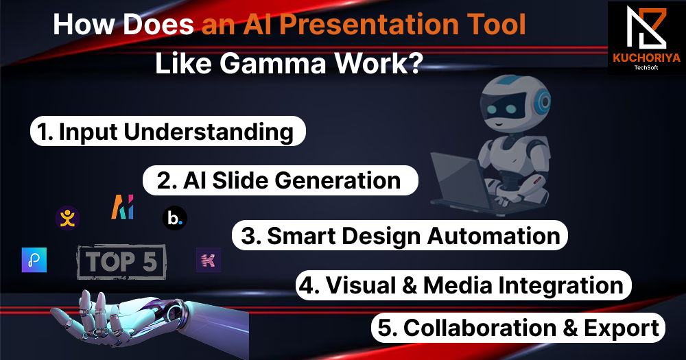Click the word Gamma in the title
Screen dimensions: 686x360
273,63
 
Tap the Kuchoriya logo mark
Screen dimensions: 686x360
646,28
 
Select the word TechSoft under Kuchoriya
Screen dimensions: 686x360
646,67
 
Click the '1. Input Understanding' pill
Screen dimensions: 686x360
167,131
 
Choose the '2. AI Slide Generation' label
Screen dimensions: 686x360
280,180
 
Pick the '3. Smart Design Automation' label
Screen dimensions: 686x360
399,235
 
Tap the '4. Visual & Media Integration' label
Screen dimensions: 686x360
463,285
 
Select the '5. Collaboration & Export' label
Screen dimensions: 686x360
518,328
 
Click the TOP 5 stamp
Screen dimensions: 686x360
121,262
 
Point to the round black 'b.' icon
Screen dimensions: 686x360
174,218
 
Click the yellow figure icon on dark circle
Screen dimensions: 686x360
67,218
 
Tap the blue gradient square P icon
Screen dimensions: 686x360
34,260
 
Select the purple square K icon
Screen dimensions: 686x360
209,260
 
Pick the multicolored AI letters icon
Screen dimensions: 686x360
123,207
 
